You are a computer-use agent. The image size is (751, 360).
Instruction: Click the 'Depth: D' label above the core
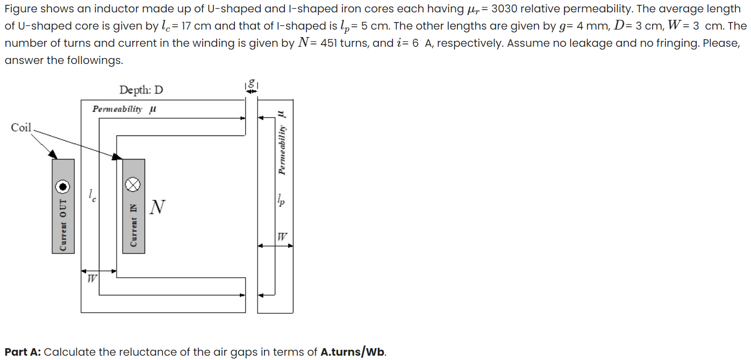[141, 90]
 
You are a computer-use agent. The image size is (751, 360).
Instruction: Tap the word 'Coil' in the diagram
[21, 127]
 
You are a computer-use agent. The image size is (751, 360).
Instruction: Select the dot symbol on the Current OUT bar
[63, 186]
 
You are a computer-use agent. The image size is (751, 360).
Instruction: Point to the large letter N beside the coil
[157, 207]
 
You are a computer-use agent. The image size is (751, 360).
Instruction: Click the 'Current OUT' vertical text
[63, 225]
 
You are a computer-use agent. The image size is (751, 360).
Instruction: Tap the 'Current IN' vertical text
[133, 225]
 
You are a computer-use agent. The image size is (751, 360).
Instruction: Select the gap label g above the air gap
[251, 84]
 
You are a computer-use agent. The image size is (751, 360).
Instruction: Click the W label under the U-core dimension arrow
[92, 279]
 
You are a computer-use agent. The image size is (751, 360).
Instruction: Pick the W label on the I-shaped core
[282, 236]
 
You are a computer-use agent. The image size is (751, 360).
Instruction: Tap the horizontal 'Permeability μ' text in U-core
[124, 109]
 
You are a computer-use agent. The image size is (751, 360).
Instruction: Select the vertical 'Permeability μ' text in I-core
[281, 143]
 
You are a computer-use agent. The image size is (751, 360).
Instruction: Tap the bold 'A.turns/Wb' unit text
[352, 352]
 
